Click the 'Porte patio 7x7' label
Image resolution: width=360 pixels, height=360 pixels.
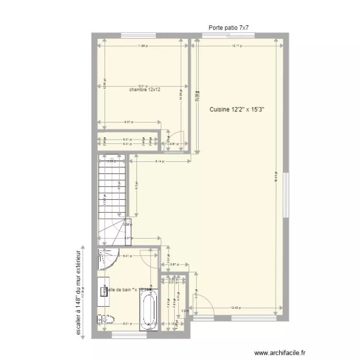click(228, 28)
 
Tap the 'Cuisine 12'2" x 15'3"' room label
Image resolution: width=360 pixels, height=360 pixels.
click(237, 109)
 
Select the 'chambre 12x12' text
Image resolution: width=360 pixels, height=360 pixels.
click(145, 90)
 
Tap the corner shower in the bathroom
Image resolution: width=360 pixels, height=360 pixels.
click(108, 259)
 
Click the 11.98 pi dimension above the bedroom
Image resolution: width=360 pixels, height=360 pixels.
click(142, 47)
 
